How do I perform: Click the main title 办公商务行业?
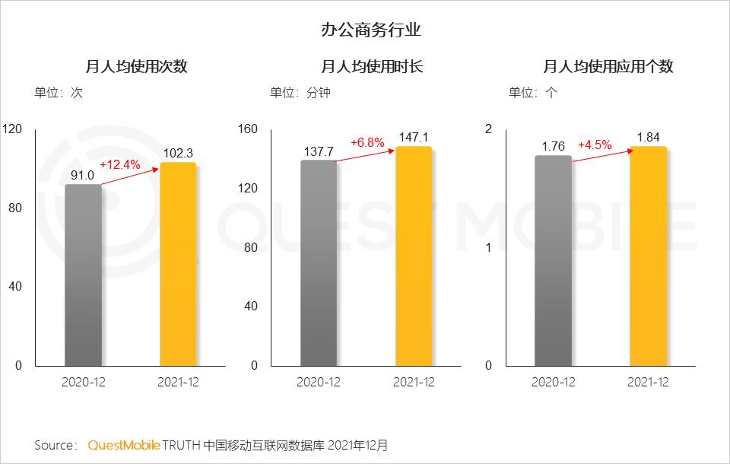pyautogui.click(x=371, y=31)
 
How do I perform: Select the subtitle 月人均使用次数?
pyautogui.click(x=136, y=67)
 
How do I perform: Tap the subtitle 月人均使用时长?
pyautogui.click(x=372, y=67)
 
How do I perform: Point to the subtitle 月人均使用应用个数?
pyautogui.click(x=608, y=67)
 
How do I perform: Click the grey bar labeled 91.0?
pyautogui.click(x=83, y=275)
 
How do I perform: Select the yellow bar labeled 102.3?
pyautogui.click(x=178, y=264)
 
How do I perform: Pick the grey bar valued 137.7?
pyautogui.click(x=318, y=262)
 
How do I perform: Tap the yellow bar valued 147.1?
pyautogui.click(x=413, y=256)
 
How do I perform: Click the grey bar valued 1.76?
pyautogui.click(x=553, y=260)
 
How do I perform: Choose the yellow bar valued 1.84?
pyautogui.click(x=648, y=256)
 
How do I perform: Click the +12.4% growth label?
pyautogui.click(x=120, y=164)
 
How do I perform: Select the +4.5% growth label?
pyautogui.click(x=595, y=145)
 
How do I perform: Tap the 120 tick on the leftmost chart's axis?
pyautogui.click(x=12, y=129)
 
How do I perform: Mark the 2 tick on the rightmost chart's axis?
pyautogui.click(x=488, y=129)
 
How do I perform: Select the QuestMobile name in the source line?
pyautogui.click(x=124, y=445)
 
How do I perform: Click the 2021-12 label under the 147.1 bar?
pyautogui.click(x=414, y=383)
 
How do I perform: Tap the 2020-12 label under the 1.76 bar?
pyautogui.click(x=553, y=383)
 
